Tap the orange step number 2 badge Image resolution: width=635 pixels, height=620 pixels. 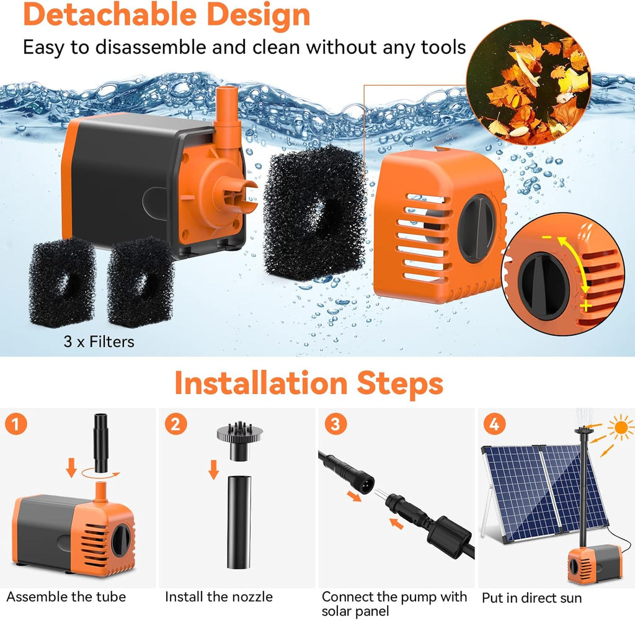pos(177,425)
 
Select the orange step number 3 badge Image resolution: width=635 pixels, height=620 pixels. pos(335,425)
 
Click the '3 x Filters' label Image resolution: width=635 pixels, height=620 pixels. pos(99,341)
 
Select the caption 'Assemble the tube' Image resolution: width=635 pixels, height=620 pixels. pos(66,597)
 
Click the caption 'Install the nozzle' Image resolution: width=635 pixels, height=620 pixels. pos(219,597)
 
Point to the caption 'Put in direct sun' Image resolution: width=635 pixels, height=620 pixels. pos(532,598)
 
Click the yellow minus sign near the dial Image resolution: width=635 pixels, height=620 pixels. pos(546,238)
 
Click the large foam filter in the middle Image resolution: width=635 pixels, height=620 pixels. pos(315,213)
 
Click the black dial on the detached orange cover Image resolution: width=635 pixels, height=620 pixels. pos(475,228)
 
